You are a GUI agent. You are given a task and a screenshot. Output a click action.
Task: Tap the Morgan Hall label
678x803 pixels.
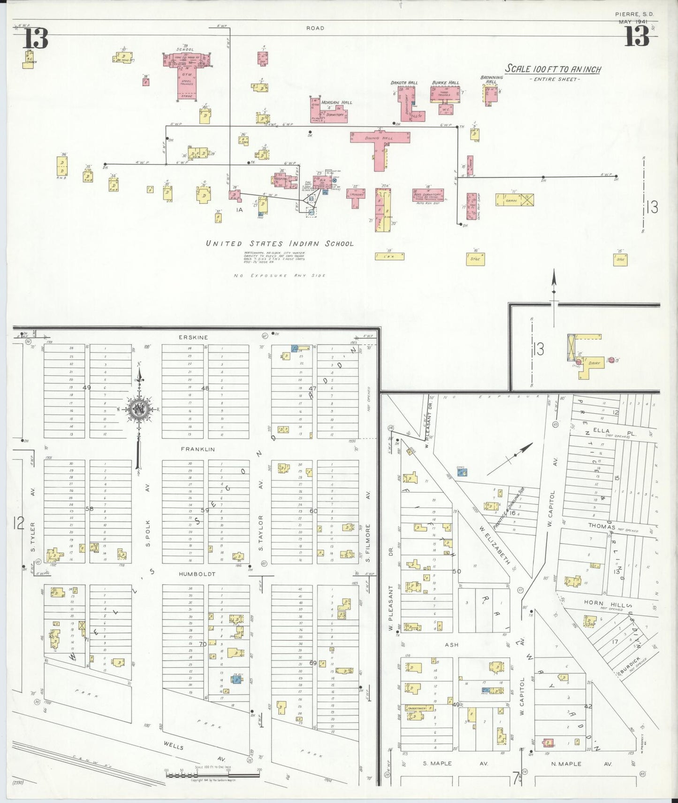[340, 102]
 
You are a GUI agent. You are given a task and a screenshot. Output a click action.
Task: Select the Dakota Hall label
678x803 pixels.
[404, 83]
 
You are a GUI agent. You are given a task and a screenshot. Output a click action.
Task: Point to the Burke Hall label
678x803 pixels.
[445, 83]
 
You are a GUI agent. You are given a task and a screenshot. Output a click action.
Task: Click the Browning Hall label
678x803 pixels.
[491, 79]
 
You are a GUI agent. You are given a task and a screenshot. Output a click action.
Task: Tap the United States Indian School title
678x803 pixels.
[280, 243]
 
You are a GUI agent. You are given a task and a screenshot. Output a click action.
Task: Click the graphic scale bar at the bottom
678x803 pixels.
[213, 772]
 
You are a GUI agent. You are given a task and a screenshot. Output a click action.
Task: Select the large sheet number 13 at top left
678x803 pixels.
[36, 38]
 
